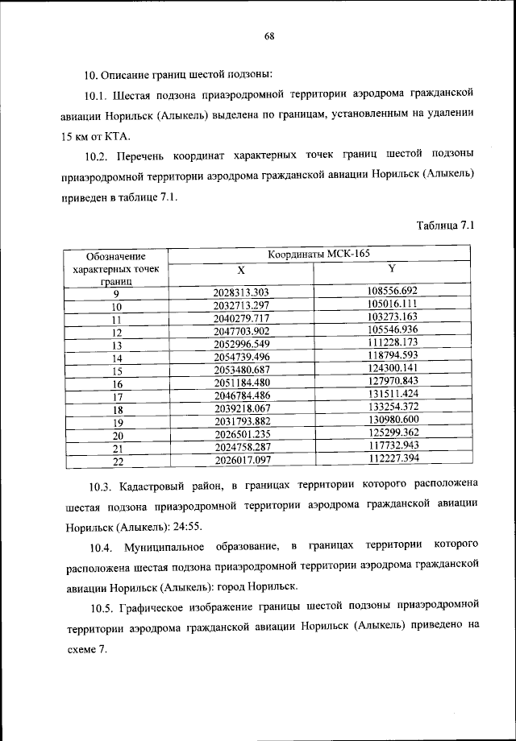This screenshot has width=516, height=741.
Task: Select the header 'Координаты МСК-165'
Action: click(319, 254)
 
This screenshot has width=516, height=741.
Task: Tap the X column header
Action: click(241, 270)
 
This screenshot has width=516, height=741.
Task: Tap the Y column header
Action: click(392, 268)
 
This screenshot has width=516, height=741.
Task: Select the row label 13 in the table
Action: click(116, 346)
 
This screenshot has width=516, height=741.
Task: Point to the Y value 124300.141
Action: click(391, 368)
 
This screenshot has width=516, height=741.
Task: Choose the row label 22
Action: click(116, 462)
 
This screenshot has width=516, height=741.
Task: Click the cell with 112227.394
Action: click(391, 458)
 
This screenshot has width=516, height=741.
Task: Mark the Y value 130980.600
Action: click(391, 420)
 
